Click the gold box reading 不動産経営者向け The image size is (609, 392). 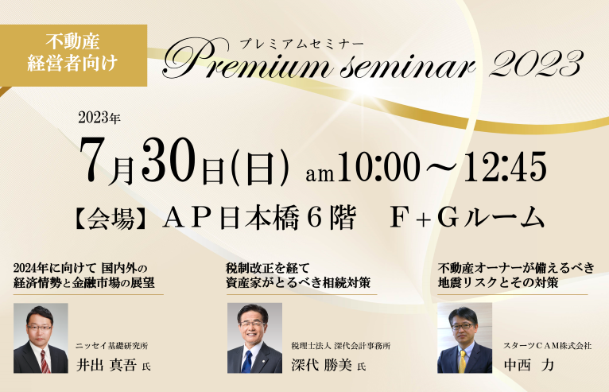pos(73,55)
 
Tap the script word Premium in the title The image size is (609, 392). pos(246,60)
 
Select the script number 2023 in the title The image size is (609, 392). pos(536,63)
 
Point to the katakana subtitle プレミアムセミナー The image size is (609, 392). pos(301,44)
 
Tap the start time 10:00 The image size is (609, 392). pos(378,166)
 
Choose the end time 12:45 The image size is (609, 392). pos(505,166)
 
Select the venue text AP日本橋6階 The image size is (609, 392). pos(259,218)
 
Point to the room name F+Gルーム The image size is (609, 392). pos(467,218)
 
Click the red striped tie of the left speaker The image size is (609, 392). pos(45,361)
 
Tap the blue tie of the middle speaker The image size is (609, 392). pos(246,361)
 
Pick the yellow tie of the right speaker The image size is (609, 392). pos(463,361)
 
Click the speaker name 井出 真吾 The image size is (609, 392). pos(107,365)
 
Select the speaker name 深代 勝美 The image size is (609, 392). pos(321,365)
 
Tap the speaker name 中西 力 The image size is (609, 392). pos(529,365)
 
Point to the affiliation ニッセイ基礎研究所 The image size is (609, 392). pos(111,346)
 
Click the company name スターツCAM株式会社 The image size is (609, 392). pos(548,345)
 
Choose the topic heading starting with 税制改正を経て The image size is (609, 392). pos(298,275)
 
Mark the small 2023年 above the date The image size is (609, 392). pos(99,118)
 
